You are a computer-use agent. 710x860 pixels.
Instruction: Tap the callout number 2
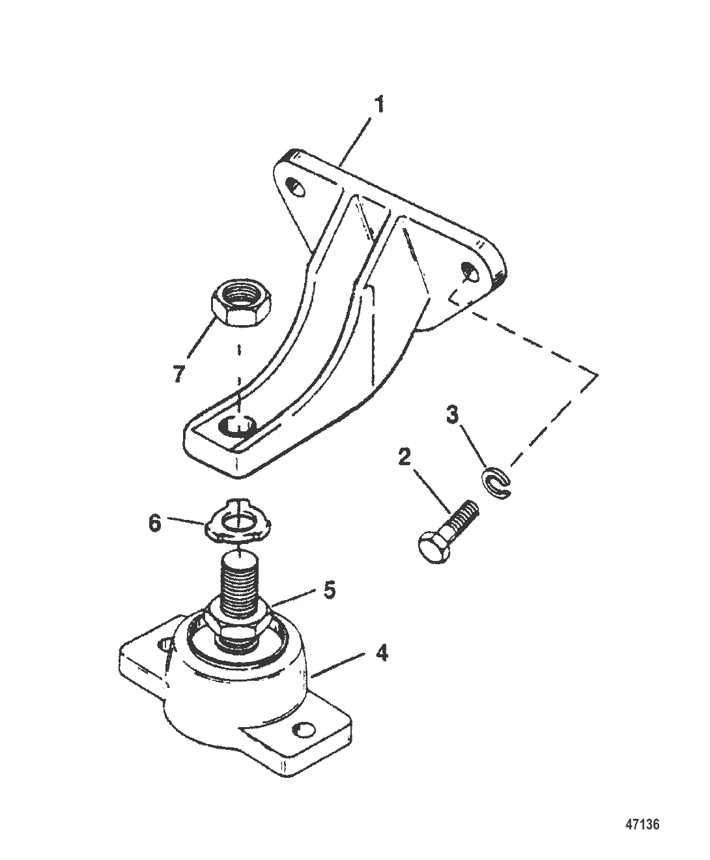405,457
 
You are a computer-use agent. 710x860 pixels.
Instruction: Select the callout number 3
452,415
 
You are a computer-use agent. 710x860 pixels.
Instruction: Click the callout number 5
330,590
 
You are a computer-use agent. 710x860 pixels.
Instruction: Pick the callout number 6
155,524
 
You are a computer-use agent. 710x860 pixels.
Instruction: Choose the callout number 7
178,375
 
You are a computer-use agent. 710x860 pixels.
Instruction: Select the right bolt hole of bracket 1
470,272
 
